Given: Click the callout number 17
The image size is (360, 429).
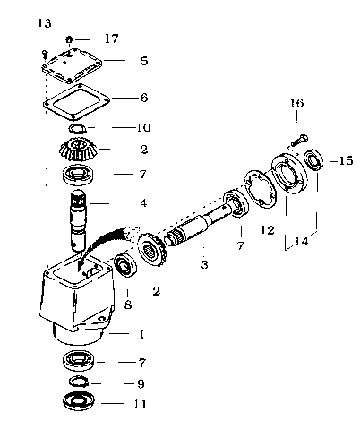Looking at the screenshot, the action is (x=111, y=39).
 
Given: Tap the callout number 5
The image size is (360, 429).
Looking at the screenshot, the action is (x=144, y=61).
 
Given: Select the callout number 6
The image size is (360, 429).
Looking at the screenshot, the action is (x=144, y=98).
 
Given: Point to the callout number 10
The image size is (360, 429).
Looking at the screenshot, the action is (x=143, y=127).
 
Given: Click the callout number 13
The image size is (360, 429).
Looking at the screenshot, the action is (x=45, y=23).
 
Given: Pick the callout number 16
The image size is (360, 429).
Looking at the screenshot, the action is (x=296, y=103).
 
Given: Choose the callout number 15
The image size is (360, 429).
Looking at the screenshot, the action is (x=346, y=160).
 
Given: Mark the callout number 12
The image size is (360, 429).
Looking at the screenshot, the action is (x=268, y=230).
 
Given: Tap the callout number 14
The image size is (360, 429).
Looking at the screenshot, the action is (x=302, y=241).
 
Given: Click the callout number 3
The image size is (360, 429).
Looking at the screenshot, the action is (x=204, y=264).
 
